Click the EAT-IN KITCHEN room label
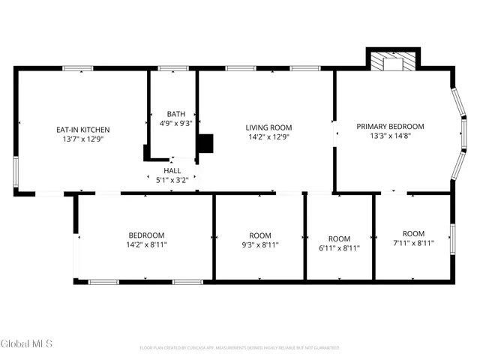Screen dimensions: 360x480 coord(83,129)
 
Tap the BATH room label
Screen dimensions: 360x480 coord(176,113)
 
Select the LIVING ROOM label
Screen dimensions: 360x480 coord(269,127)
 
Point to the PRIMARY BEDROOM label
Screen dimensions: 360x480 coord(390,126)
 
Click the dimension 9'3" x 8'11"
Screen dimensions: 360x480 coord(260,244)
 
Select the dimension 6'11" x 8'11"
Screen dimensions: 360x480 coord(339,248)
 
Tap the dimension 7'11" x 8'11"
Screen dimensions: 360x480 coord(413,243)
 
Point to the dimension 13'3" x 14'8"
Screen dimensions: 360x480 coord(390,136)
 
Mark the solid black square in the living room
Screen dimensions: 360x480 coord(205,144)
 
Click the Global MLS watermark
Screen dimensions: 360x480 coord(27,343)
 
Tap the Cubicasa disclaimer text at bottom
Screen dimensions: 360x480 coord(240,348)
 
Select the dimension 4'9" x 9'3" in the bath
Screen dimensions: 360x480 coord(176,123)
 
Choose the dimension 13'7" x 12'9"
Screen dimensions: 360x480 coord(83,139)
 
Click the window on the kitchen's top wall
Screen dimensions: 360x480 coord(77,69)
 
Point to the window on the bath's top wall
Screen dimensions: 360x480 coord(173,69)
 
